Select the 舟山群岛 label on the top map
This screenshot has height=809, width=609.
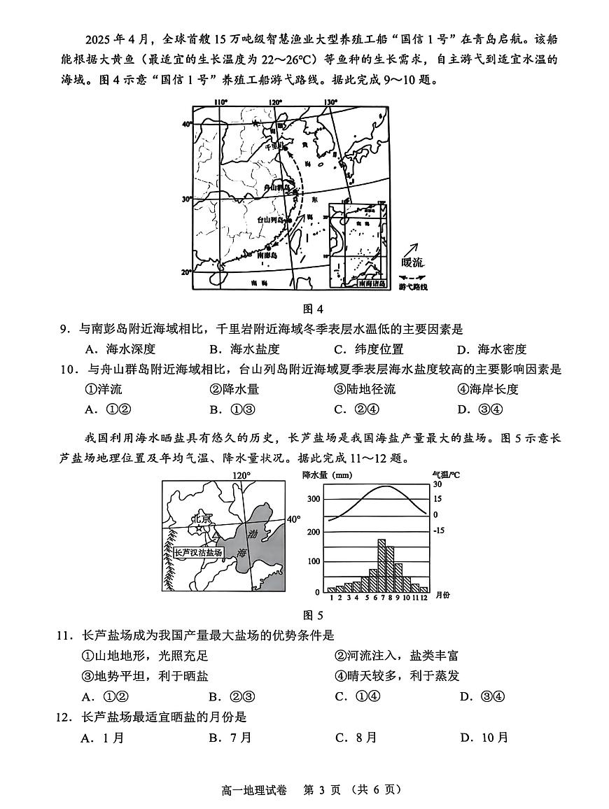[276, 188]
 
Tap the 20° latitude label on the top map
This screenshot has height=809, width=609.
[187, 272]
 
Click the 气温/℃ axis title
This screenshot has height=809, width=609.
[446, 474]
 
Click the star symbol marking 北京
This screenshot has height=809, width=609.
[200, 530]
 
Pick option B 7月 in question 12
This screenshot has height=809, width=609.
[230, 738]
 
